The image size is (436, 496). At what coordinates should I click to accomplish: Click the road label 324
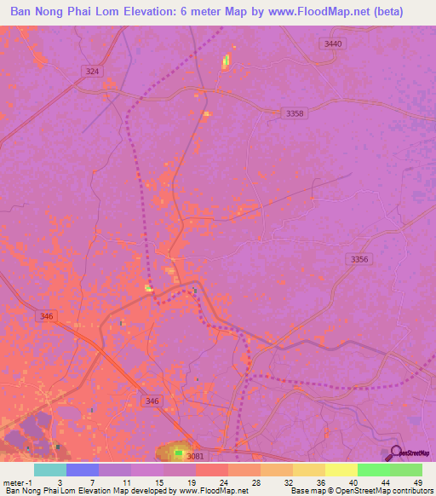[93, 72]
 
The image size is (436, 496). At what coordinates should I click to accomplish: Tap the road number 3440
[334, 43]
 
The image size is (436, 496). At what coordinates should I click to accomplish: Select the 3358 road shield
[295, 112]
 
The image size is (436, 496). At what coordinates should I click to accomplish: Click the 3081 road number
[195, 457]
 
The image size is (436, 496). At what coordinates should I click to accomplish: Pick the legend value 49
[405, 482]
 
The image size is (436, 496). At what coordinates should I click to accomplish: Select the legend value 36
[309, 482]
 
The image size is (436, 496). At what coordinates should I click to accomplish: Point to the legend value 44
[373, 482]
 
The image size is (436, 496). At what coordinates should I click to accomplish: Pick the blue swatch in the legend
[82, 470]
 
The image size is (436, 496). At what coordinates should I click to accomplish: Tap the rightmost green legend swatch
[405, 470]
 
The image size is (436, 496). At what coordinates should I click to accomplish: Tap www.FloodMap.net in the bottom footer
[216, 491]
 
